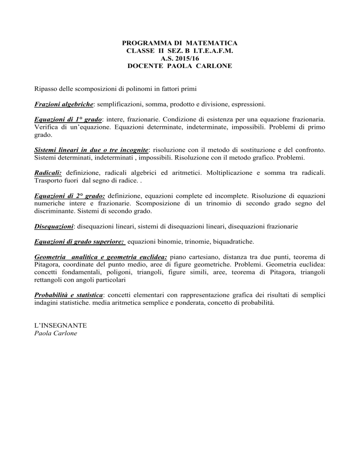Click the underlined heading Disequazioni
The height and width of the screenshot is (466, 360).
tap(54, 226)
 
